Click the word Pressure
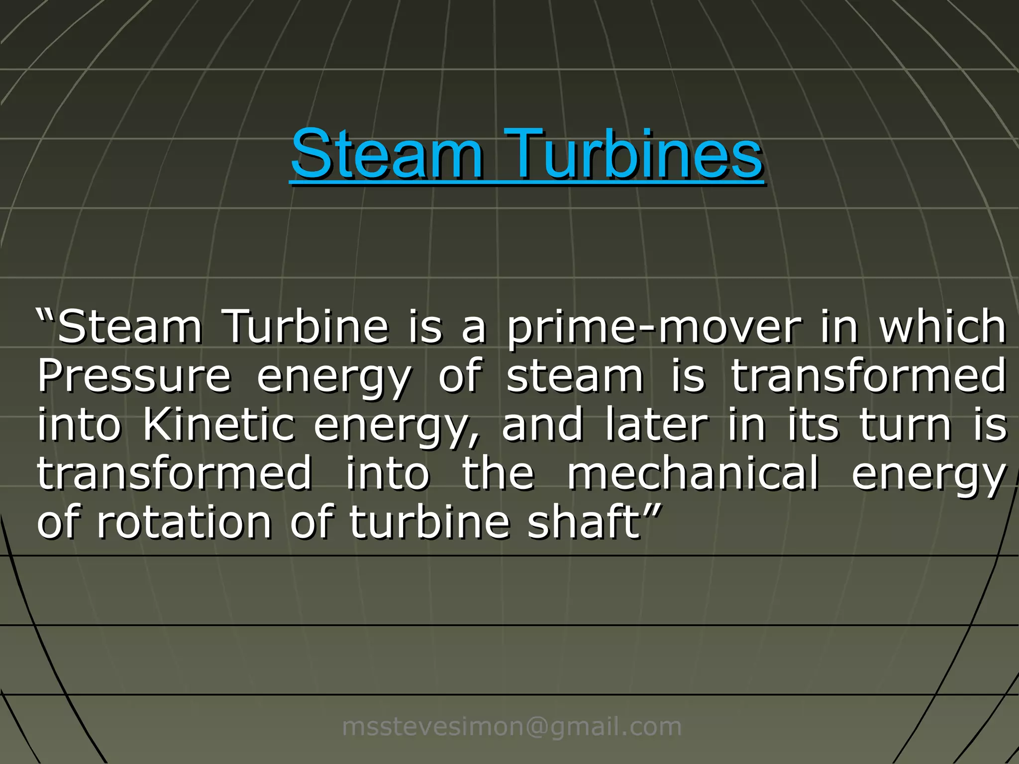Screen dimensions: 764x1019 point(134,377)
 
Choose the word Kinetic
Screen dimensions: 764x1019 point(219,425)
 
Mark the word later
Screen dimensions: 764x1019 point(657,425)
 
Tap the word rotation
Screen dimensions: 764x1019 point(185,522)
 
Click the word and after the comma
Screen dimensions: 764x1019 point(542,425)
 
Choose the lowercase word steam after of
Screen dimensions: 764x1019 point(575,377)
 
